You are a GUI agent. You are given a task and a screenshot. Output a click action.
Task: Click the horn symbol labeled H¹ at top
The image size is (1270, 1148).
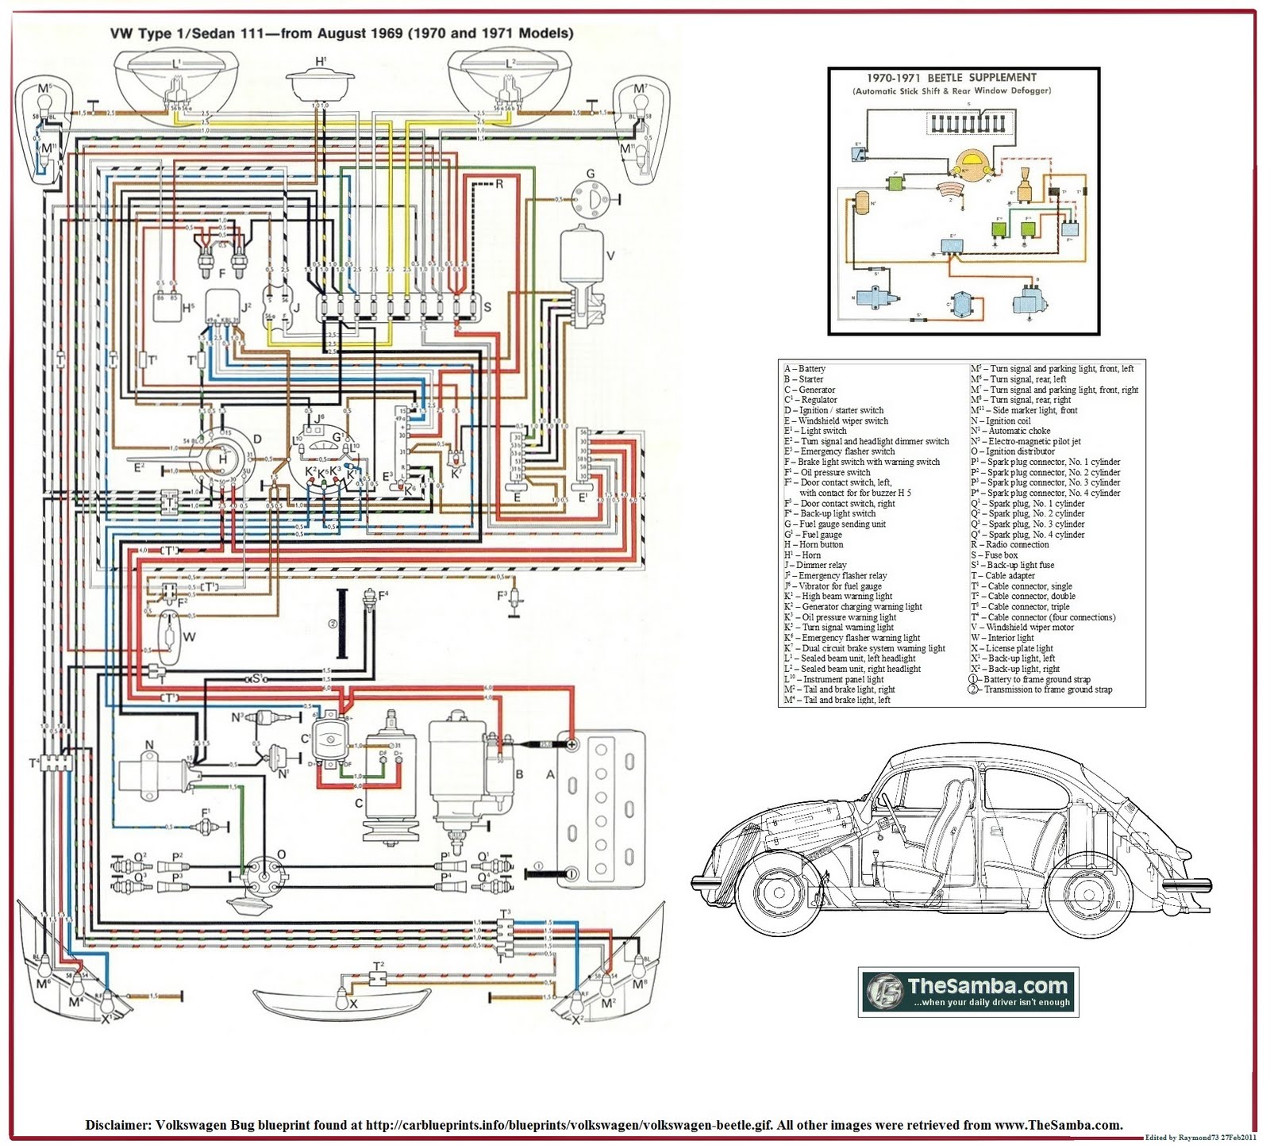pyautogui.click(x=320, y=83)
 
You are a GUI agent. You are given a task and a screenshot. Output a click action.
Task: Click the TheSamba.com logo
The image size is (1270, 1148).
pyautogui.click(x=968, y=991)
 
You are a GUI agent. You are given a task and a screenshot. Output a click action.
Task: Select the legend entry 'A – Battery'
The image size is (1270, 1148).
pyautogui.click(x=805, y=369)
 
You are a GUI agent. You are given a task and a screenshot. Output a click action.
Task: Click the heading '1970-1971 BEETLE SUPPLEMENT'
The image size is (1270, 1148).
pyautogui.click(x=951, y=78)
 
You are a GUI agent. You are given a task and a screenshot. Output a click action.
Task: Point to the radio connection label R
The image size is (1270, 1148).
pyautogui.click(x=499, y=184)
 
